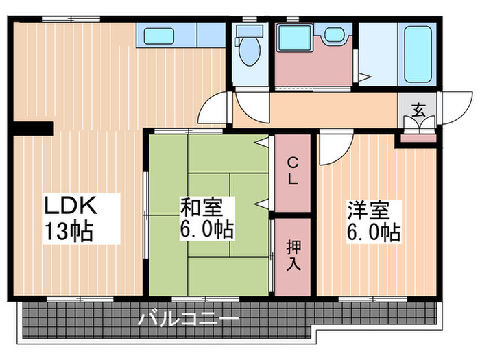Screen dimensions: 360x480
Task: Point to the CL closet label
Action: pos(292,172)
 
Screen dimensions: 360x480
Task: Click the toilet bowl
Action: pos(249,49)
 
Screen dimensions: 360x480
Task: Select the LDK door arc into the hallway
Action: pos(214,110)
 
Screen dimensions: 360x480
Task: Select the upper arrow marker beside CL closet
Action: pos(262,142)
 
